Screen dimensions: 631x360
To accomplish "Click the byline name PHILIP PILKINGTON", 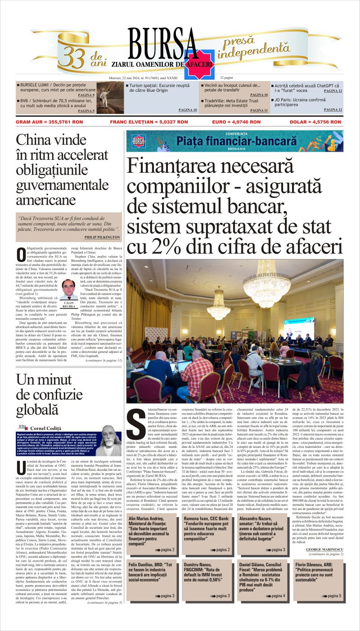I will click(x=102, y=237).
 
